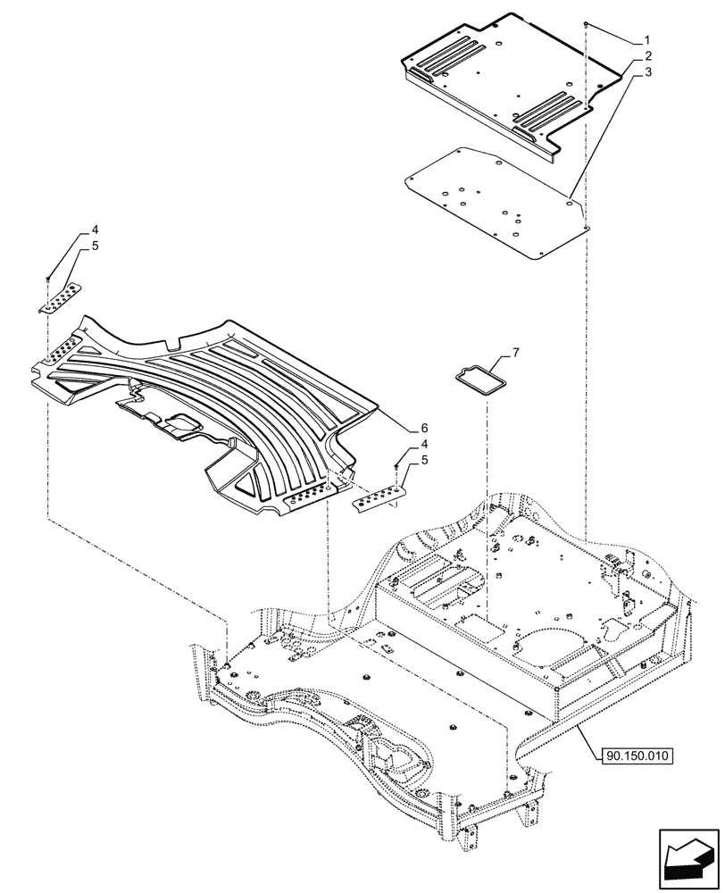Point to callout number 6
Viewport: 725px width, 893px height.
(x=425, y=428)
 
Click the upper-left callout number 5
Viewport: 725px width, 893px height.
(x=95, y=246)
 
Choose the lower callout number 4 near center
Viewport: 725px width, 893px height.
(x=425, y=444)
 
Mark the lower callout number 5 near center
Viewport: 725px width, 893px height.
(x=425, y=459)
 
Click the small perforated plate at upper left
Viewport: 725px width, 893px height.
(x=60, y=296)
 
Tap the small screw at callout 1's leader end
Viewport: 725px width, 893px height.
(x=585, y=24)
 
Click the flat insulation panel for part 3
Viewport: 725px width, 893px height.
(x=496, y=204)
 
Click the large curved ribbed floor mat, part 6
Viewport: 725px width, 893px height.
(x=223, y=393)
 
